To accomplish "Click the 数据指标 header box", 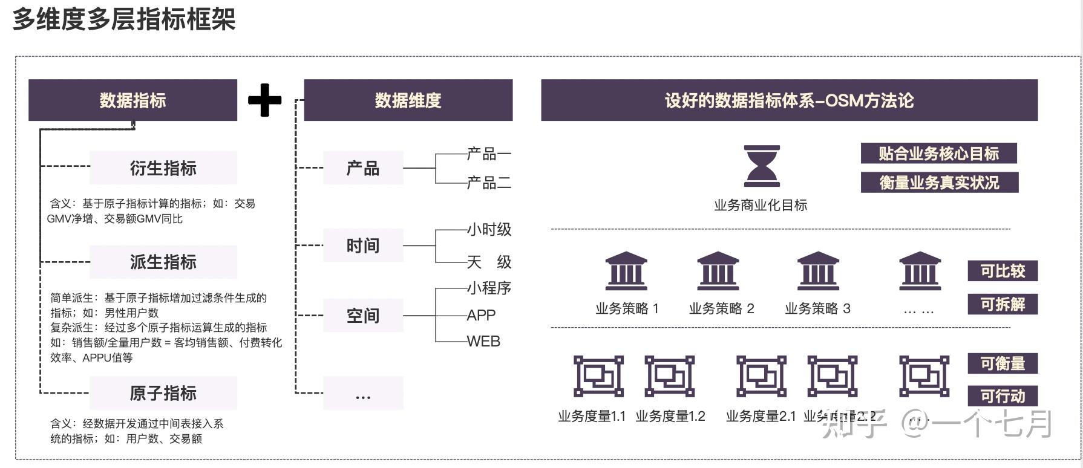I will coord(133,100).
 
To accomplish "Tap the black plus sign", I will coord(265,100).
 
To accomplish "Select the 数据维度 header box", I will coord(408,100).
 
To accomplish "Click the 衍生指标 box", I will coord(163,168).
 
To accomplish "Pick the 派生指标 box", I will coord(163,262).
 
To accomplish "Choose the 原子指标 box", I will coord(163,393).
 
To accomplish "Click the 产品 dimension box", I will coord(363,168).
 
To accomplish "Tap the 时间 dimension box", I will coord(363,245).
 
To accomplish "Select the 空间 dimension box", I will coord(363,315).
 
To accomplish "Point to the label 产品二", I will coord(489,183).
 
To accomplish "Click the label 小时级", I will coord(489,230).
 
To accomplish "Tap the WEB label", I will coord(483,342).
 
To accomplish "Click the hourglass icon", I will coord(762,166).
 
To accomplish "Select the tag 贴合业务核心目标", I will coord(938,154).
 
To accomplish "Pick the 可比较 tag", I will coord(1003,271).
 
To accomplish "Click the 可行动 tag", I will coord(1003,396).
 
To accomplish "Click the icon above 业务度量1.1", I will coord(598,376).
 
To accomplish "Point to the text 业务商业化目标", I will coord(761,206).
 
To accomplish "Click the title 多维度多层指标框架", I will coord(124,19).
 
